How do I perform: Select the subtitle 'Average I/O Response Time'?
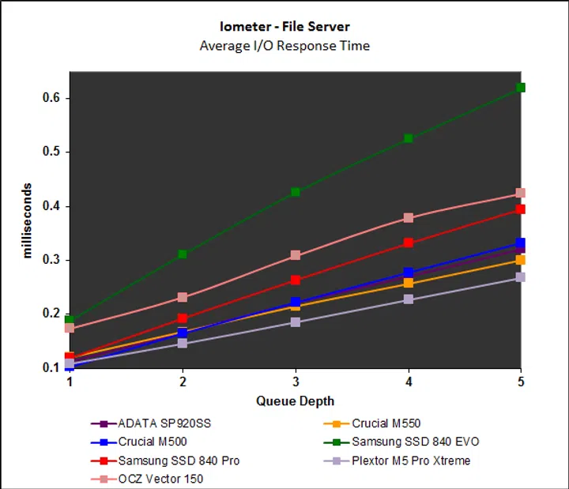tap(284, 45)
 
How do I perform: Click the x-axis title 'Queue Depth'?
tap(295, 401)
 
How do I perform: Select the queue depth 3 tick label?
tap(296, 381)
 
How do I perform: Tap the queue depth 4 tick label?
tap(408, 381)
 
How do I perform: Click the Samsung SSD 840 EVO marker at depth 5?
tap(521, 87)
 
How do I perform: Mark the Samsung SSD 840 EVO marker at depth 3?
tap(296, 192)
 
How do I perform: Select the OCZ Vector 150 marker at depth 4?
tap(409, 217)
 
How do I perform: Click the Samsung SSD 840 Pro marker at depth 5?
tap(521, 209)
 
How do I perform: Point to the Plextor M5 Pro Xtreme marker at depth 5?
tap(521, 277)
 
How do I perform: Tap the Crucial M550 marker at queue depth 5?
tap(521, 260)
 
